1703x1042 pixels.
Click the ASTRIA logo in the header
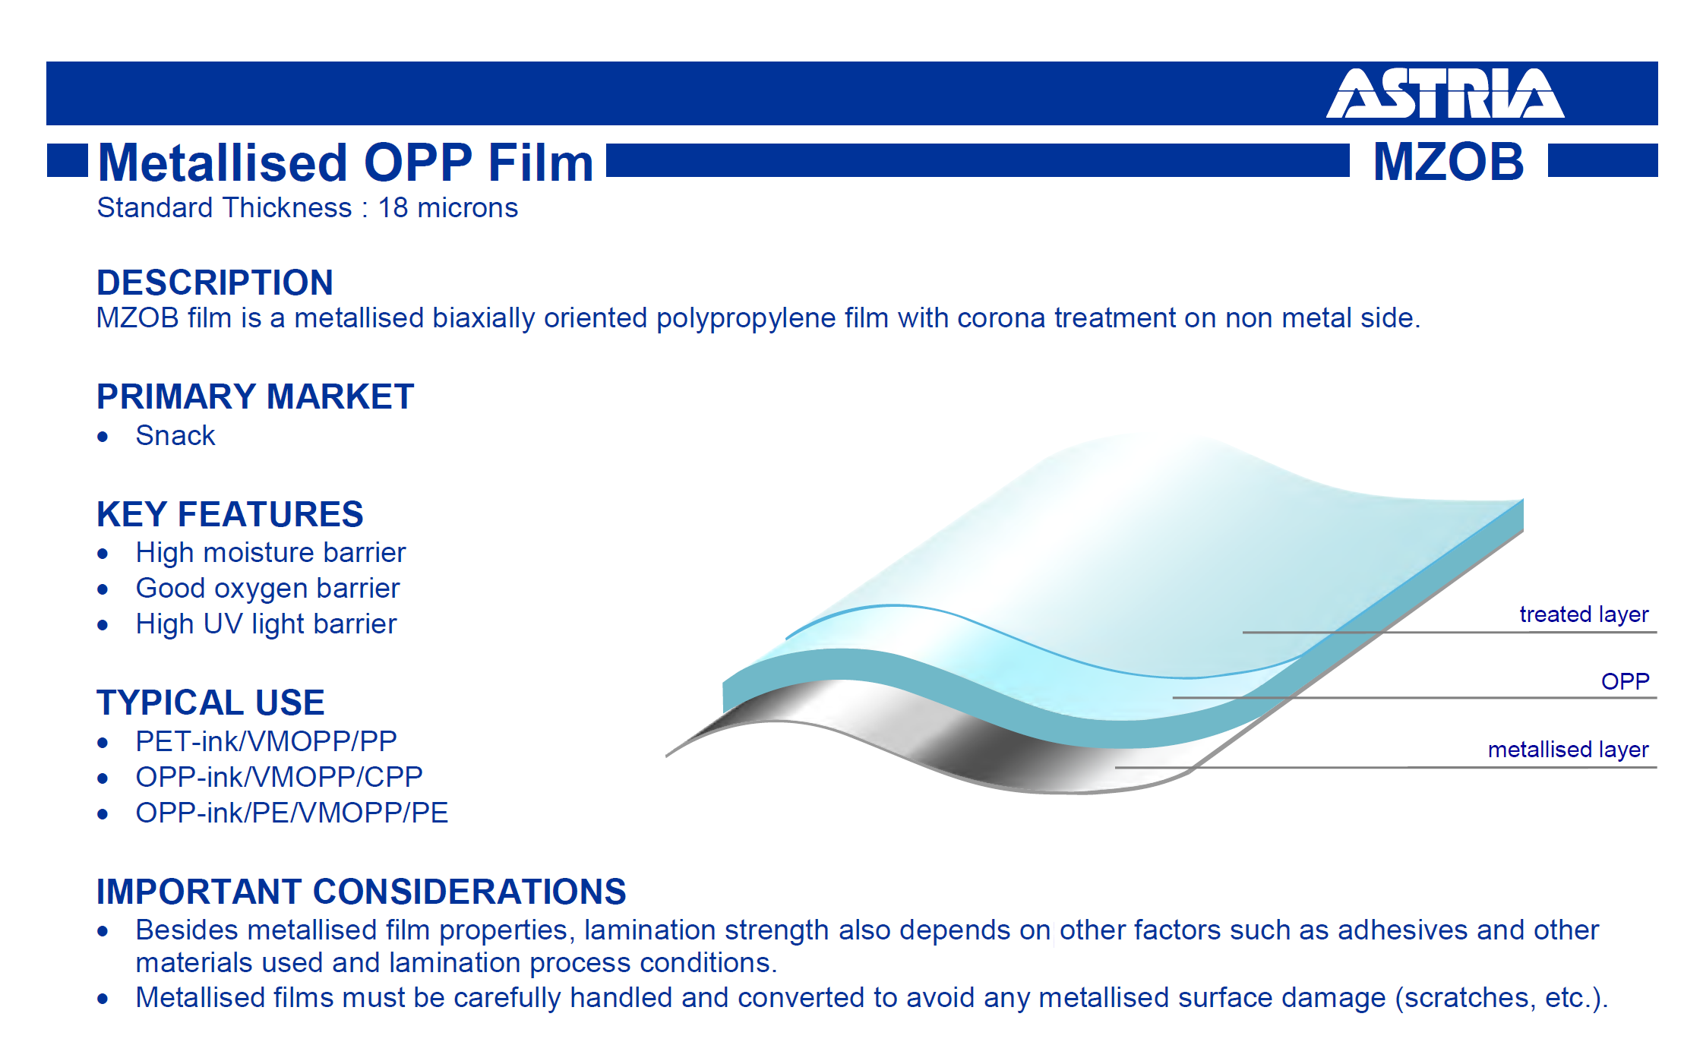[1445, 93]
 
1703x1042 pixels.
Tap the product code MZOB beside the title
[1449, 162]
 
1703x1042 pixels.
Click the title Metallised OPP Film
[346, 163]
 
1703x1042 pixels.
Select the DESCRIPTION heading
[215, 283]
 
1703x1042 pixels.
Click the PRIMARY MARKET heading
[255, 396]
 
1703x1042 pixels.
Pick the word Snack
[175, 436]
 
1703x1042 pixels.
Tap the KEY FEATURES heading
[230, 514]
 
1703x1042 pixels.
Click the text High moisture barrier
[270, 553]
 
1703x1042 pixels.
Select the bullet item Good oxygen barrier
[267, 589]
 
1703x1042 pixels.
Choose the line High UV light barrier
[266, 624]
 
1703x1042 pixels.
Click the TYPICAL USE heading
[210, 703]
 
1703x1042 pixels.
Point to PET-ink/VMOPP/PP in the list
[267, 741]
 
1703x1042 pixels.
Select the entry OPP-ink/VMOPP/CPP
[280, 777]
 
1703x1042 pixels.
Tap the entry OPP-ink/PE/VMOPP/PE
[292, 813]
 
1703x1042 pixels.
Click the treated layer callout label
[1584, 614]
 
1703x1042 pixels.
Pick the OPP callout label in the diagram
[1626, 681]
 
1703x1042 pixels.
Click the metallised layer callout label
[1569, 750]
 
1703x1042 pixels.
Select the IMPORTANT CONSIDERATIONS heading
[362, 892]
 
